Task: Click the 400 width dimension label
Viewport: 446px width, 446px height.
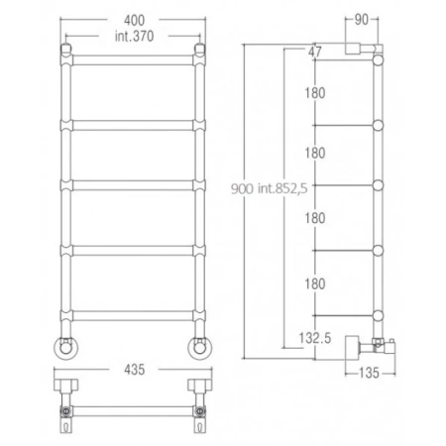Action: coord(134,21)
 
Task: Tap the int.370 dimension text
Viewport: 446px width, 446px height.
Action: coord(134,36)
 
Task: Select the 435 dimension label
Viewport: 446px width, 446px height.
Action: coord(135,370)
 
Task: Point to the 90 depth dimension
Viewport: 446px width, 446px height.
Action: coord(361,20)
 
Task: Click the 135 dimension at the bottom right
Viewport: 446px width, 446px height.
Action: coord(369,373)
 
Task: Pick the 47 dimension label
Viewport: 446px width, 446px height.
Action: coord(314,52)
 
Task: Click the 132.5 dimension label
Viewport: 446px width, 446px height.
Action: coord(315,338)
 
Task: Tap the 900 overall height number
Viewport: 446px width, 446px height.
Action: coord(242,188)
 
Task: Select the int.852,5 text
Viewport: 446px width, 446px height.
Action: coord(282,188)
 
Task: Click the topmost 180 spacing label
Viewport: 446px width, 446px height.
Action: coord(315,93)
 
